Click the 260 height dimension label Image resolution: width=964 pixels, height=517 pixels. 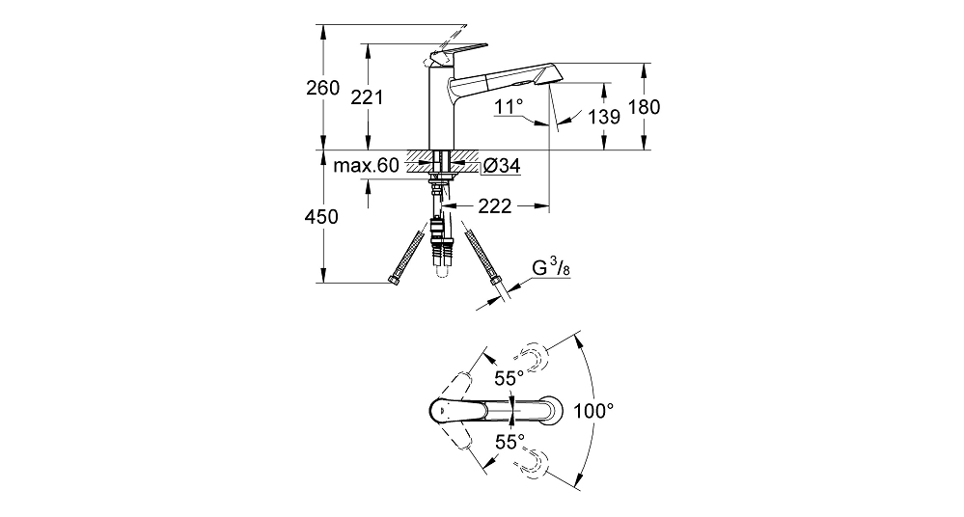click(322, 88)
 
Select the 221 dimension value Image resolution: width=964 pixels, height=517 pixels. click(367, 97)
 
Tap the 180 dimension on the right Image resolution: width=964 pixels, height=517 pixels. click(644, 107)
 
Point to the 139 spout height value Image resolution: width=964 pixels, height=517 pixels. click(604, 116)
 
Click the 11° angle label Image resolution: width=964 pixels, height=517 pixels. click(509, 107)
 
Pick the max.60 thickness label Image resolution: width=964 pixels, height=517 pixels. click(366, 165)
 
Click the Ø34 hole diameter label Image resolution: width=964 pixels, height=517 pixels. click(502, 165)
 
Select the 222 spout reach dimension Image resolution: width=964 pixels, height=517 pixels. click(495, 206)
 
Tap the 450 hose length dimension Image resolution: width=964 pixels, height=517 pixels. click(321, 216)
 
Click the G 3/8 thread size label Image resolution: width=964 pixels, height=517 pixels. click(551, 268)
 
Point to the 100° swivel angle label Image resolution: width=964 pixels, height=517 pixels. click(593, 411)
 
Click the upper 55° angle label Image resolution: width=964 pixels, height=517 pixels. click(510, 377)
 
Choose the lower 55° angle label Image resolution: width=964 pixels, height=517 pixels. click(510, 442)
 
